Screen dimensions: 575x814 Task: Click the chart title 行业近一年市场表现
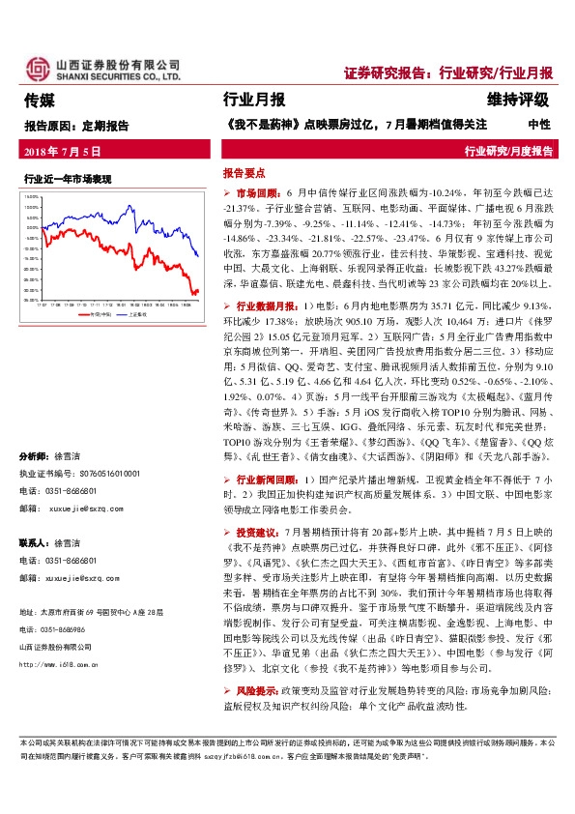point(68,179)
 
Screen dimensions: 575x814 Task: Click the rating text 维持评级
point(518,100)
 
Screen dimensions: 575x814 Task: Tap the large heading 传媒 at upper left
point(39,100)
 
